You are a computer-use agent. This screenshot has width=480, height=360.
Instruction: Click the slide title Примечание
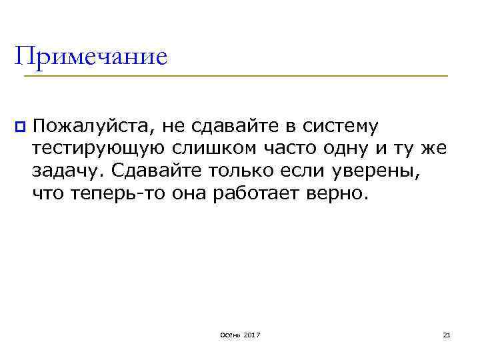[91, 56]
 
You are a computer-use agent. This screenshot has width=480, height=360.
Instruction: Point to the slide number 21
[447, 333]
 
